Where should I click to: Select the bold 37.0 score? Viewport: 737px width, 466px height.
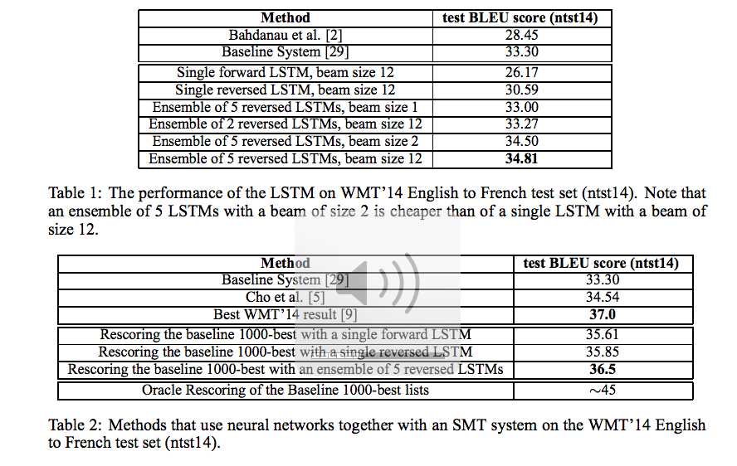click(x=603, y=315)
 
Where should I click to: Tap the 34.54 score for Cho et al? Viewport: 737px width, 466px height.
click(x=603, y=297)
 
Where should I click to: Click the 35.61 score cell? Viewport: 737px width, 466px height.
click(x=603, y=334)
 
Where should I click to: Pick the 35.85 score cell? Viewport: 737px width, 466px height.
click(x=603, y=352)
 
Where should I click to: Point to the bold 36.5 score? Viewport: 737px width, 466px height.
click(x=603, y=370)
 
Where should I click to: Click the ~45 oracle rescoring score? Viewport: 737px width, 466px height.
click(x=603, y=390)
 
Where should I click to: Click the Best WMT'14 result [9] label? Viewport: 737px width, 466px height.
click(x=286, y=315)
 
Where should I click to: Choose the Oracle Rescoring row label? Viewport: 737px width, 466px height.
click(x=286, y=390)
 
